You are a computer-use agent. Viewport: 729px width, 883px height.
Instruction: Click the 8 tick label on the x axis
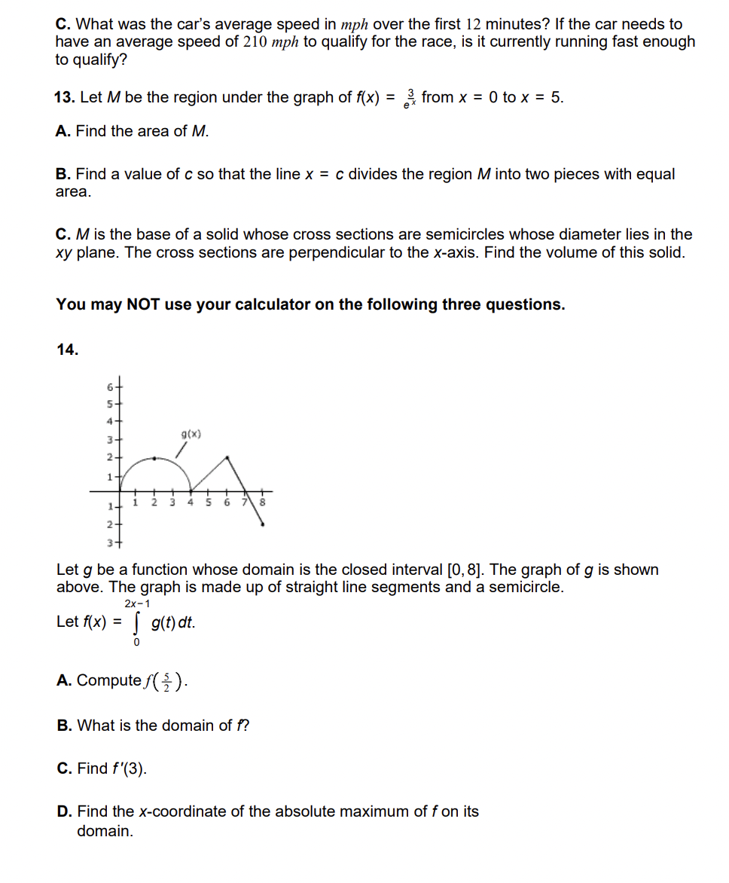[x=263, y=503]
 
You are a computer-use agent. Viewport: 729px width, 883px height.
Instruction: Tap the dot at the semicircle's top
[x=155, y=457]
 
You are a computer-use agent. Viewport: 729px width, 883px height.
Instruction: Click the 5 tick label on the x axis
[x=208, y=503]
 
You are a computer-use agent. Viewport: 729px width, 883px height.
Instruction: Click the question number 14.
[x=68, y=349]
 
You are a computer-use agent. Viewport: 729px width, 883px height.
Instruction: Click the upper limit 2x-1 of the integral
[x=137, y=603]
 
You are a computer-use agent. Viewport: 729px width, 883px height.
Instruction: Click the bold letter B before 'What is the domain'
[x=64, y=726]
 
